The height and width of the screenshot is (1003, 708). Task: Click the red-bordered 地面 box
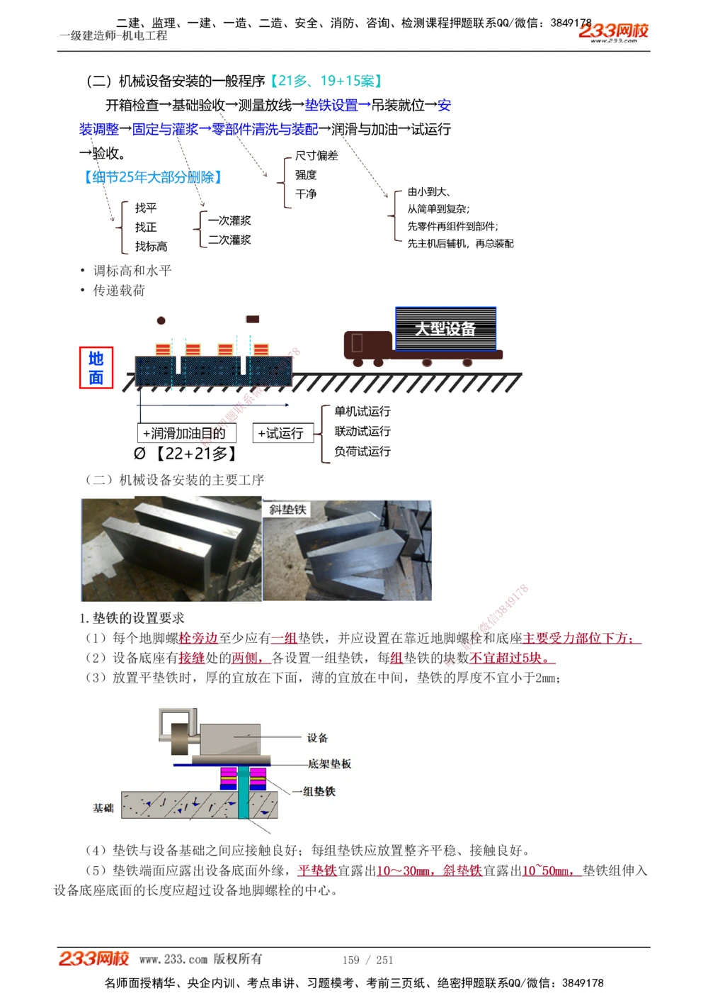click(96, 368)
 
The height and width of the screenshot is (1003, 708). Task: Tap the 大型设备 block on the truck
click(445, 329)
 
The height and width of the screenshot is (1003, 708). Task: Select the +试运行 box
click(281, 433)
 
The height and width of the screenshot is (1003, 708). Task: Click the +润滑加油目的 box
click(185, 433)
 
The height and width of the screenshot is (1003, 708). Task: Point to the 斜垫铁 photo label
click(287, 509)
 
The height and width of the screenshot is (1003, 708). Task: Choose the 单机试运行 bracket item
click(362, 411)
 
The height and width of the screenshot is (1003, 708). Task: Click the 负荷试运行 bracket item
click(362, 451)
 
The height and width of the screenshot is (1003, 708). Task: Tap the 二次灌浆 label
click(229, 240)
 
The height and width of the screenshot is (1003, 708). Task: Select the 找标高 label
click(151, 246)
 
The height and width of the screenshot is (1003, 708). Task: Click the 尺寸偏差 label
click(316, 155)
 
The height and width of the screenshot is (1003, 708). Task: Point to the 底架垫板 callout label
click(329, 763)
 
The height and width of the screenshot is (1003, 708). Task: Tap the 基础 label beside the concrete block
click(103, 807)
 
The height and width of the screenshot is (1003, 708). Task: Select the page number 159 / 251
click(367, 960)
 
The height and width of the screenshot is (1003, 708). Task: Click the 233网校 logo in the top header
click(613, 31)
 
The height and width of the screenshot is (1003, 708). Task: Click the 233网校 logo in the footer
click(93, 958)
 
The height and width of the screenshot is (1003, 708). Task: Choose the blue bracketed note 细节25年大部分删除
click(153, 177)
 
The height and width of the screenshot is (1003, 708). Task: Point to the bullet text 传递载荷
click(119, 291)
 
